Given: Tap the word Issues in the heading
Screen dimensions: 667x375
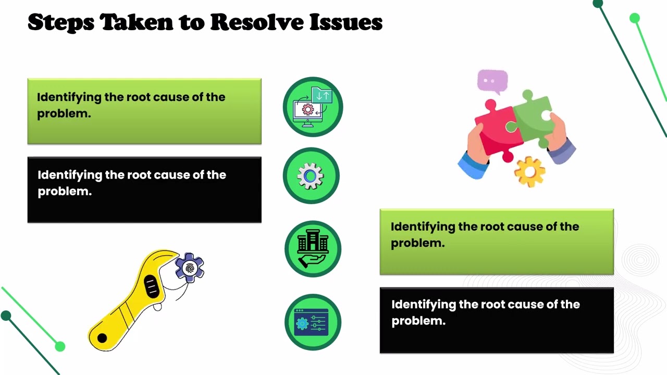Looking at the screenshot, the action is [x=346, y=22].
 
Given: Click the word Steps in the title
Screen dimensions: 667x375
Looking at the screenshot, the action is [x=61, y=23].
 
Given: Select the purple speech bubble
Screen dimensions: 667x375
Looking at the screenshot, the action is [x=492, y=81].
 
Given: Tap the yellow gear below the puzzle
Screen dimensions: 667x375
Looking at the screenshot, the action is [x=530, y=172].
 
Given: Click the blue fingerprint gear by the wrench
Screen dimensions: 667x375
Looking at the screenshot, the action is [x=189, y=268].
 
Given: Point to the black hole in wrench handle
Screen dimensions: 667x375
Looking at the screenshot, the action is [x=102, y=338].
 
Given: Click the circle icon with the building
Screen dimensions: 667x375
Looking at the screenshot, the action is [x=313, y=249].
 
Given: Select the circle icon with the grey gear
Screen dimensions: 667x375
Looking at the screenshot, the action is [x=311, y=176].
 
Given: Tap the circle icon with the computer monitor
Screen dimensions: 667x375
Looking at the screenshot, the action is [x=313, y=107].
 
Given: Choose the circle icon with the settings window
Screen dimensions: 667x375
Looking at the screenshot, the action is [x=313, y=322].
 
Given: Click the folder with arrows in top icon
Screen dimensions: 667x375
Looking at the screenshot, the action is [x=322, y=95].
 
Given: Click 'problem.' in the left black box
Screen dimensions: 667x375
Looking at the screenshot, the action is [x=65, y=191].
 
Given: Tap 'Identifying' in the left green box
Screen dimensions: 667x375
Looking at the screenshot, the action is [x=69, y=97].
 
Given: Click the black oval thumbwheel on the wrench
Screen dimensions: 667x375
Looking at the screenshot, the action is [x=152, y=286].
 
